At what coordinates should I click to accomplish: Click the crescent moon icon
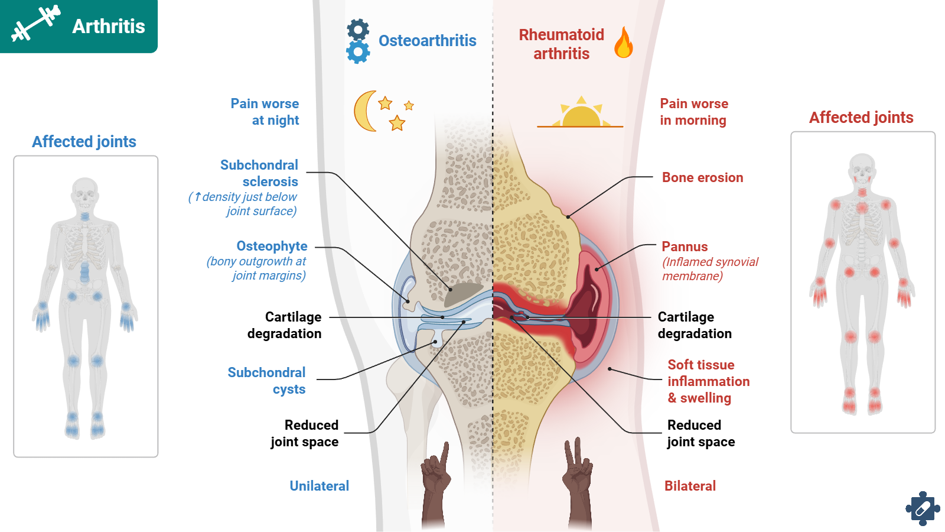point(364,111)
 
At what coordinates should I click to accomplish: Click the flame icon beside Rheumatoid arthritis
point(623,43)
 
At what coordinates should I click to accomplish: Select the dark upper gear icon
point(358,29)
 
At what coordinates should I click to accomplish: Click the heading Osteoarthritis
point(427,41)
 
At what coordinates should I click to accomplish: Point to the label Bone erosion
point(702,177)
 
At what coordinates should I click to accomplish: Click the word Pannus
point(685,246)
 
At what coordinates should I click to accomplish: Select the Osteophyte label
point(272,246)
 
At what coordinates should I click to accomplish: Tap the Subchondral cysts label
point(267,381)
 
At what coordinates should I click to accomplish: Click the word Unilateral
point(319,486)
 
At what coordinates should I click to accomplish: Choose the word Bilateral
point(690,486)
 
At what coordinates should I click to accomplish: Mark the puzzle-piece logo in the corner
point(922,508)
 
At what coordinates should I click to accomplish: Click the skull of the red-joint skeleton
point(862,169)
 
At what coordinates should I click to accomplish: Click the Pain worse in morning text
point(693,112)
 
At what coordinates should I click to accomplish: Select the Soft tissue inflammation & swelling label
point(708,381)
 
